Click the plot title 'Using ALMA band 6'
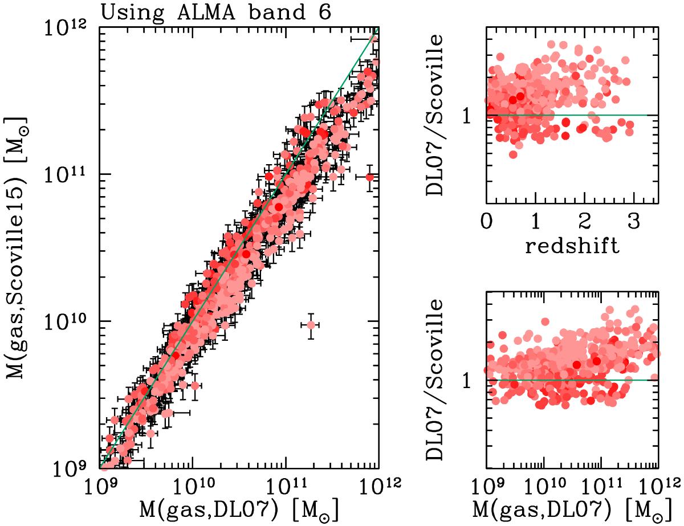point(216,12)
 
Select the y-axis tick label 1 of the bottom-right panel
point(468,380)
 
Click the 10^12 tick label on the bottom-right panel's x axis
point(661,486)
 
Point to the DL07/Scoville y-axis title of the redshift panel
point(439,114)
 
